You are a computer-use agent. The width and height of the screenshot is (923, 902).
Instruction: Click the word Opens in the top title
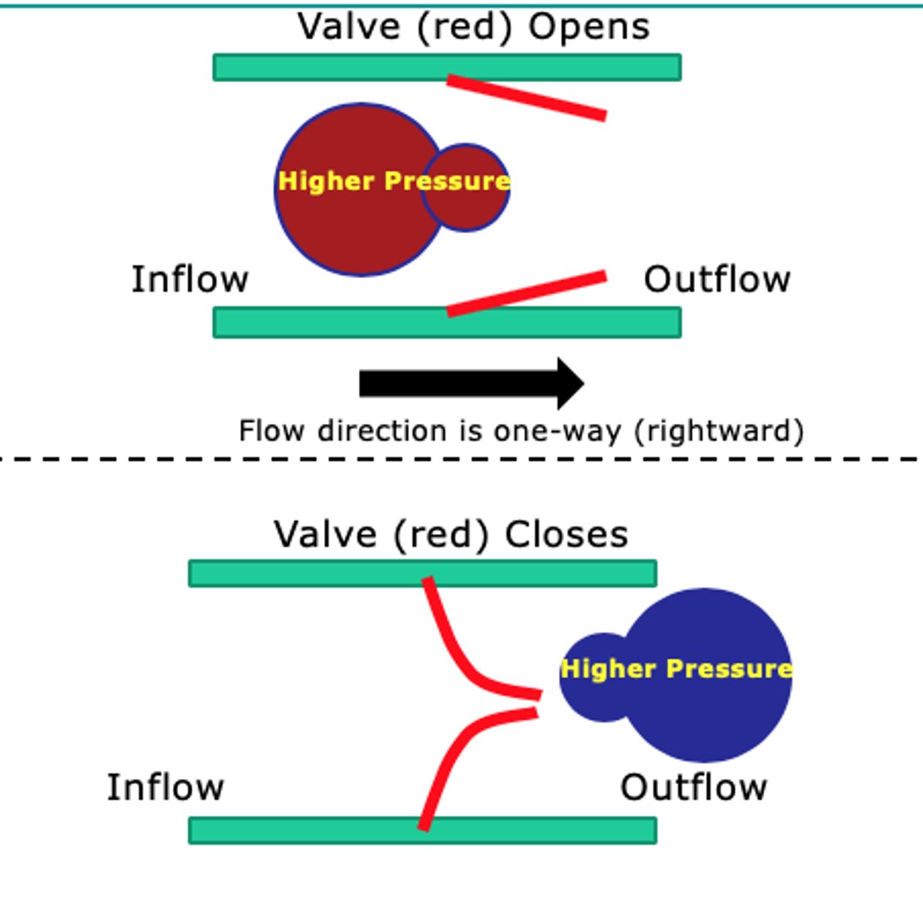click(588, 28)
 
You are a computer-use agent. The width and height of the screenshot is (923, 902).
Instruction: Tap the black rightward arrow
click(472, 383)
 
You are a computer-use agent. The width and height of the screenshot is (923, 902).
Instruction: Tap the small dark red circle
click(470, 210)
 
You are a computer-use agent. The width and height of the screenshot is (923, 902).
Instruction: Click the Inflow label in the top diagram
click(190, 280)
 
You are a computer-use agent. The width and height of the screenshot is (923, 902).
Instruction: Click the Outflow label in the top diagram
click(717, 280)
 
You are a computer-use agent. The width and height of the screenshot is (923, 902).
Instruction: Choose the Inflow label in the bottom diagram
click(165, 788)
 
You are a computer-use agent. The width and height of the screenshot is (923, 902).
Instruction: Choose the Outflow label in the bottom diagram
click(693, 788)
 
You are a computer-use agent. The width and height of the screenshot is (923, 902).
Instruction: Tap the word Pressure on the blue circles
click(728, 668)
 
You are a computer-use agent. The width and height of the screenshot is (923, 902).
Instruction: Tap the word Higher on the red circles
click(326, 181)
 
